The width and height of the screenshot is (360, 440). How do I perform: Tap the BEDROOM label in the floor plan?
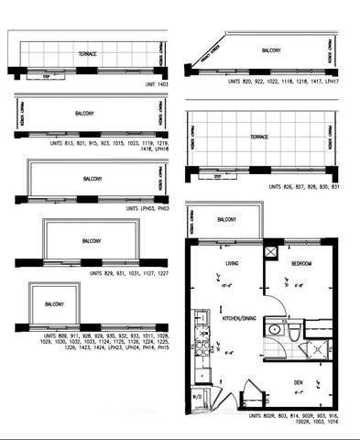tap(301, 262)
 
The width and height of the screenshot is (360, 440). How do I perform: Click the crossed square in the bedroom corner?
tap(271, 250)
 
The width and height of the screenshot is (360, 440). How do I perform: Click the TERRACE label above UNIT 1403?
tap(88, 54)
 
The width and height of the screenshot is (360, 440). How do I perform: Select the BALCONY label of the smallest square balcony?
tap(53, 304)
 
